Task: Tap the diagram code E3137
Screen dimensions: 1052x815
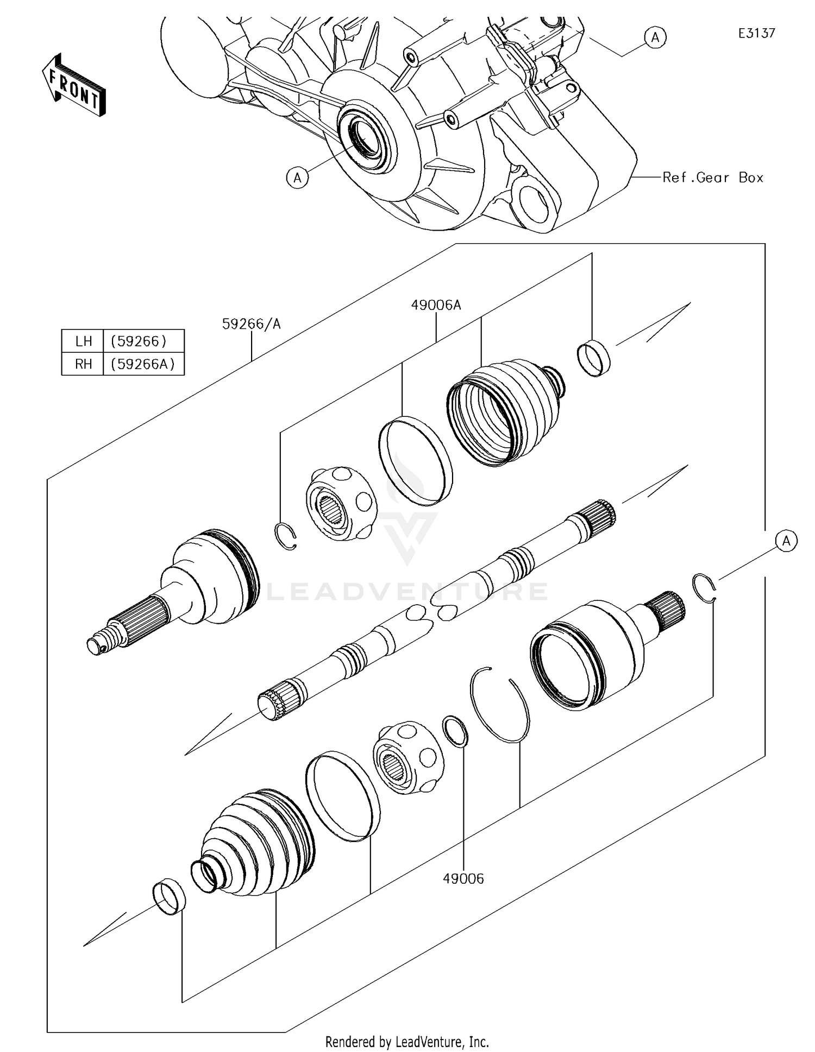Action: tap(756, 33)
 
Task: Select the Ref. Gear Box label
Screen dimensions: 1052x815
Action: tap(712, 178)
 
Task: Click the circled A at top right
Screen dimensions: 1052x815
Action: tap(655, 37)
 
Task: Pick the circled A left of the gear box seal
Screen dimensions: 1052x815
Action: tap(297, 178)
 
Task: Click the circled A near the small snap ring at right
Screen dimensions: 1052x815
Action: tap(786, 541)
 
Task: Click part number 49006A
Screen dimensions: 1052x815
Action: tap(436, 305)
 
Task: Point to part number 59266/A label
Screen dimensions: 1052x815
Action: tap(251, 324)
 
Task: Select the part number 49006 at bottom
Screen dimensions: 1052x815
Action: tap(463, 878)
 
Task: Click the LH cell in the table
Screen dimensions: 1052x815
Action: tap(83, 341)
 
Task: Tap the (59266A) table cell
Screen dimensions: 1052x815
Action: tap(143, 364)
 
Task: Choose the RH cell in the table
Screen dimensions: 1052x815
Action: tap(83, 364)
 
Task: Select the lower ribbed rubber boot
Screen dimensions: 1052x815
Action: tap(255, 841)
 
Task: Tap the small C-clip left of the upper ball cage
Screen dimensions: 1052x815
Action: tap(286, 536)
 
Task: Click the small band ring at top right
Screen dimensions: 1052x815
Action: tap(593, 357)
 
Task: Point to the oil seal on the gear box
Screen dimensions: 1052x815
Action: tap(364, 136)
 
